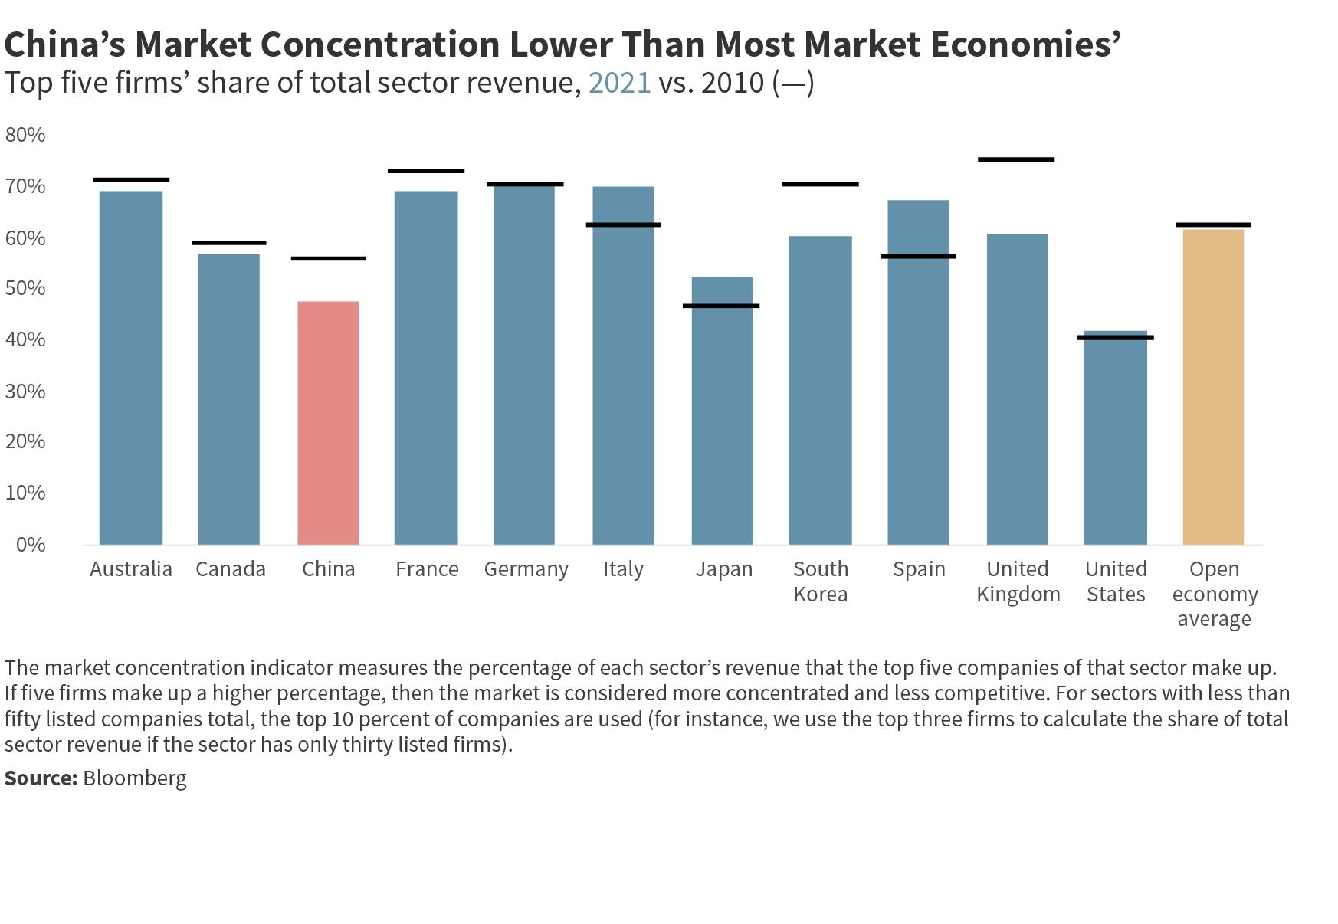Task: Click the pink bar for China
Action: (328, 423)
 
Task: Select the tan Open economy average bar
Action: (1213, 387)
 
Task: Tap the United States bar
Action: (1115, 437)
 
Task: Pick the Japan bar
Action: (722, 411)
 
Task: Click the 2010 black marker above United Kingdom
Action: (1016, 159)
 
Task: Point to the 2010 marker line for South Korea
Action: (820, 184)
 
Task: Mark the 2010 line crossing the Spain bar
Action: (918, 256)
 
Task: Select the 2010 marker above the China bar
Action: (328, 258)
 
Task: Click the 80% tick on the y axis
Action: (25, 135)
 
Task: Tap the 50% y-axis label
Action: (25, 288)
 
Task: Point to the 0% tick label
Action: (25, 544)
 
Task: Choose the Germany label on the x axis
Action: (526, 569)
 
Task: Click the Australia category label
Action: (131, 569)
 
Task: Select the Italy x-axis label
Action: (623, 569)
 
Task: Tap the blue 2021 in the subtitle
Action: (619, 83)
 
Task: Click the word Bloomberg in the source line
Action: (135, 778)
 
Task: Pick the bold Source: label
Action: (41, 778)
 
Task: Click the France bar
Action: (426, 368)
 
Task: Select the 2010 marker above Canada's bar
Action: (228, 243)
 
